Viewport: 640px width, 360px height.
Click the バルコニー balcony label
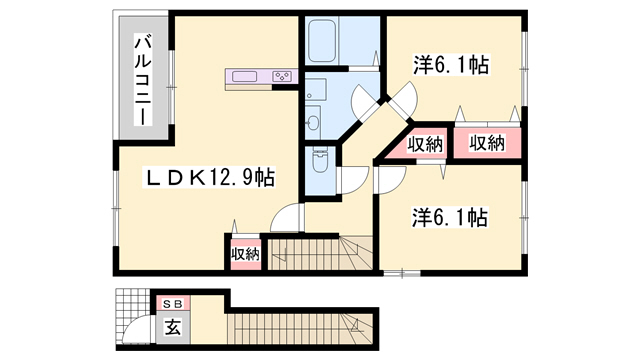143,80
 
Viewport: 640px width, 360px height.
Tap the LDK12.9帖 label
209,177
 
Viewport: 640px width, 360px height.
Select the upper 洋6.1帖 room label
451,65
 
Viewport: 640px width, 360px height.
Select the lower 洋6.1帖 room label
449,217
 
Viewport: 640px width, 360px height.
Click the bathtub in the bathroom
322,41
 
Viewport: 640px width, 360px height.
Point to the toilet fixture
319,161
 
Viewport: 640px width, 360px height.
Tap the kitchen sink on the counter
244,76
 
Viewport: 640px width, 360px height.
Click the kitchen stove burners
282,76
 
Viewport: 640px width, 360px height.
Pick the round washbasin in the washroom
313,122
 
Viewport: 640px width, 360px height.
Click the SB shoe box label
174,304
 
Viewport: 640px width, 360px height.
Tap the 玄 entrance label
173,327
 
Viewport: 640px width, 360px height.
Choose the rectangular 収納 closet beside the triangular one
487,143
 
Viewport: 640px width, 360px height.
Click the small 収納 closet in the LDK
246,254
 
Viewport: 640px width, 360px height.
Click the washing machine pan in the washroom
316,89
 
